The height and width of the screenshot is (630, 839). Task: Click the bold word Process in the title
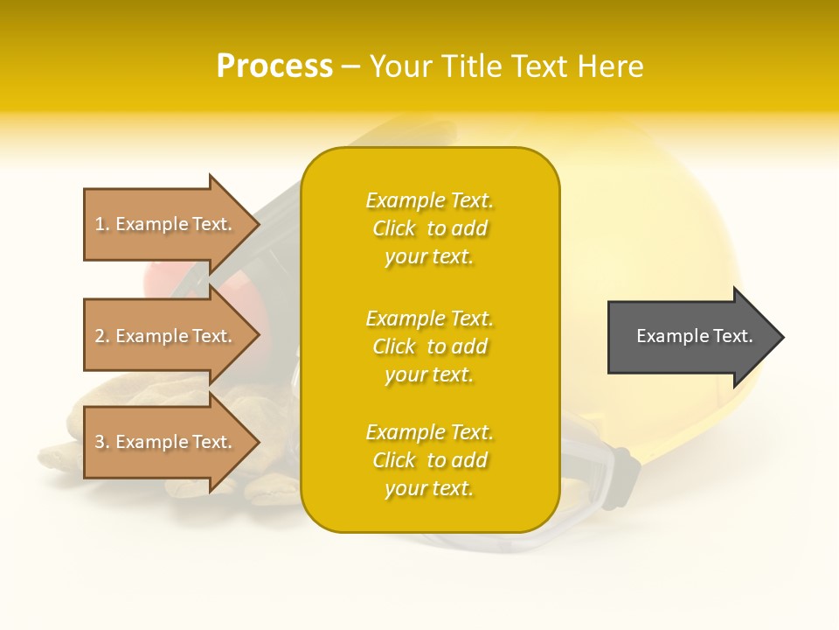click(274, 66)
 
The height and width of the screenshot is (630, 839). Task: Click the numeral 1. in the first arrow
click(101, 225)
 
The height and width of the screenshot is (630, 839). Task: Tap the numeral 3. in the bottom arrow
click(101, 443)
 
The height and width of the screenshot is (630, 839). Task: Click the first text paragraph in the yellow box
click(429, 228)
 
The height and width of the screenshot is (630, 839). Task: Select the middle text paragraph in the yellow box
click(429, 346)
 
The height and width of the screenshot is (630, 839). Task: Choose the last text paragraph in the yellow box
click(429, 460)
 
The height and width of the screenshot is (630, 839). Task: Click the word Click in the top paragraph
click(394, 229)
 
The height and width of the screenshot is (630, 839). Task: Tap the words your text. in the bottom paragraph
click(429, 488)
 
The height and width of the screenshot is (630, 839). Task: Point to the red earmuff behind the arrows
click(163, 280)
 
